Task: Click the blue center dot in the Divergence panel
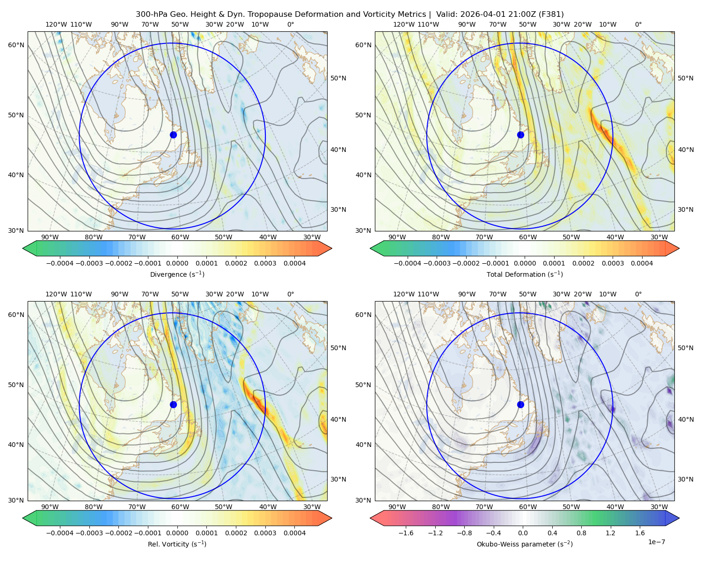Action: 173,135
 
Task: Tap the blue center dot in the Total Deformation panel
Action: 520,135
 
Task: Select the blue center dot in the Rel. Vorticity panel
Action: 173,404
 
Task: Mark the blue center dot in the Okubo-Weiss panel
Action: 520,404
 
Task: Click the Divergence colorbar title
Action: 177,274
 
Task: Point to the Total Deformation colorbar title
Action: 525,274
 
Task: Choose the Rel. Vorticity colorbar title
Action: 177,544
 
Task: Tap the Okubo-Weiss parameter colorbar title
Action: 525,544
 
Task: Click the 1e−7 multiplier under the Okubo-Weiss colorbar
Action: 656,542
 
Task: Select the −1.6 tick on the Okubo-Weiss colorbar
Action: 406,532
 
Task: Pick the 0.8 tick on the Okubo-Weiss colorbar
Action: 581,532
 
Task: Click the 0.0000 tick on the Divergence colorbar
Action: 177,263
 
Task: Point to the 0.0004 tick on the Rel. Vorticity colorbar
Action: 294,532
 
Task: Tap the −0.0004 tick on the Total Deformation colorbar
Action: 407,263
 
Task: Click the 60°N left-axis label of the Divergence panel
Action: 16,45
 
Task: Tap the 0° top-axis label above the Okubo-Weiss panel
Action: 638,294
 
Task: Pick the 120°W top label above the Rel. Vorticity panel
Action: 56,294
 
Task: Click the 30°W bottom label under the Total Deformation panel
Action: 659,237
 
